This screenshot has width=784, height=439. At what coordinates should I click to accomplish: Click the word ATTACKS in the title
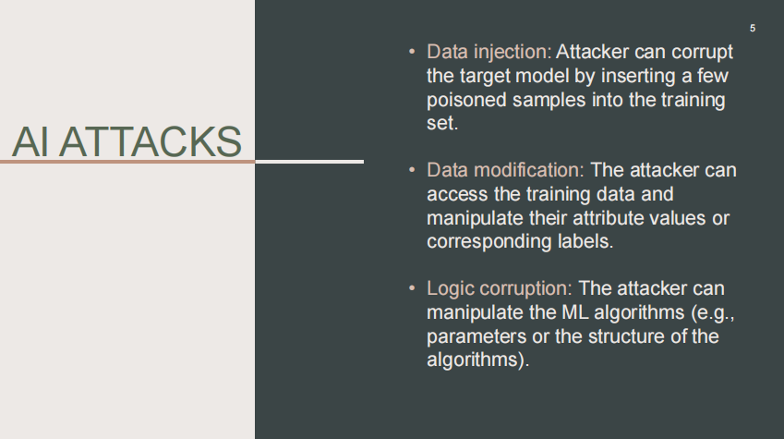point(151,141)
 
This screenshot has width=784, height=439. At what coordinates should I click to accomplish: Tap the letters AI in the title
point(30,141)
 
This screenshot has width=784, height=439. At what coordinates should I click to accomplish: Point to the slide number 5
point(753,29)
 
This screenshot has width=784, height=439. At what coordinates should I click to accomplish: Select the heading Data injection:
point(488,52)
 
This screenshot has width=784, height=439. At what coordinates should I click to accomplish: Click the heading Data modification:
point(505,170)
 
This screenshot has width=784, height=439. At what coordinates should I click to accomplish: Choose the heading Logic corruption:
point(499,288)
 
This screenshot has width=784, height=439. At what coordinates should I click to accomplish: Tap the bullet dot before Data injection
point(412,52)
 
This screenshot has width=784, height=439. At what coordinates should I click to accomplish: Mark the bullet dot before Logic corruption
point(412,287)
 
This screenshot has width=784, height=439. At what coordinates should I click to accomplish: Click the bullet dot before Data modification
point(412,170)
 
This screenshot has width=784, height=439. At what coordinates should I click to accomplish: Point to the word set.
point(442,123)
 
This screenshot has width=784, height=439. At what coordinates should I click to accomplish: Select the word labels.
point(585,241)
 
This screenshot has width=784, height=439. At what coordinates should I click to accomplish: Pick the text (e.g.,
point(713,313)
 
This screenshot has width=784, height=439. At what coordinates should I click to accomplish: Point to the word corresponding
point(489,242)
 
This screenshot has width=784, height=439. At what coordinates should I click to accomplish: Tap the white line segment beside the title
point(309,162)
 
